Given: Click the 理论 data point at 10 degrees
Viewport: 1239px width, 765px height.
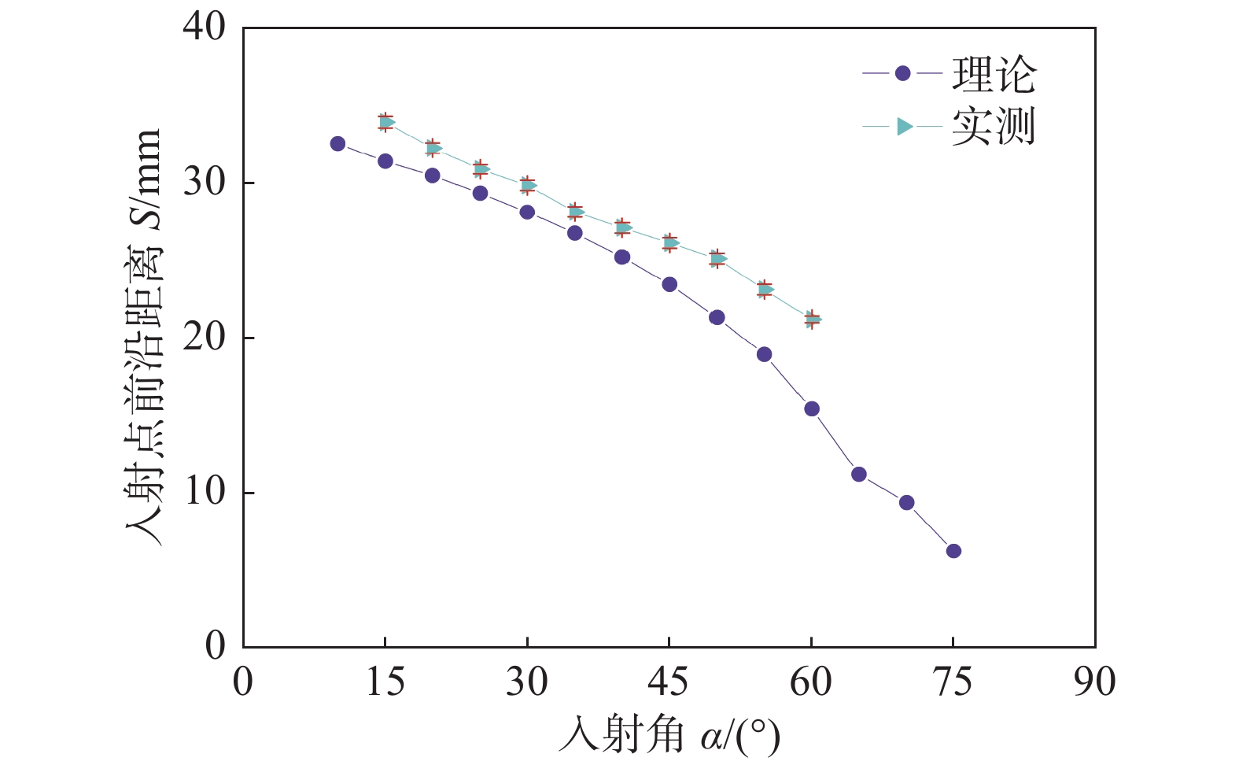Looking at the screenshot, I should coord(337,144).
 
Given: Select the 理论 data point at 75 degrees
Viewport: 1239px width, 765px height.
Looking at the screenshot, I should coord(953,551).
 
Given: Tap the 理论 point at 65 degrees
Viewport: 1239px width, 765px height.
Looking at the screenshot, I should coord(859,475).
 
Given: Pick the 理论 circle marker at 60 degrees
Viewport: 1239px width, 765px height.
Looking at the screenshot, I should coord(812,408).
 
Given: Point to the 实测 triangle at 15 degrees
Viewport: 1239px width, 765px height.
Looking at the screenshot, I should coord(386,122).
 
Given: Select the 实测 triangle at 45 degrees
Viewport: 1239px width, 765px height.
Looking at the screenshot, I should coord(670,242).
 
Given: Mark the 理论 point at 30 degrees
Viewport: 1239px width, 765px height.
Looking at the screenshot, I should coord(527,212).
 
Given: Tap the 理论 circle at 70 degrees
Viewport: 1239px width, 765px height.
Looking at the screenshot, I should coord(906,503).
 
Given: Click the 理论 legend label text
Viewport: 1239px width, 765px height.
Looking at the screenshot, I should coord(994,75).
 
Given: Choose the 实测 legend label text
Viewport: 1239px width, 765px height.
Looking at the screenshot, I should coord(994,127).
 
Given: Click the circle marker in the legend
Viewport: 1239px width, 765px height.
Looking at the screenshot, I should coord(902,73).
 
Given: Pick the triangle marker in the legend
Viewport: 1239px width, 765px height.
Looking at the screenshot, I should coord(905,127).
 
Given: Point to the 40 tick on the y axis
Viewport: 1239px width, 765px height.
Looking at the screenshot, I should coord(205,28).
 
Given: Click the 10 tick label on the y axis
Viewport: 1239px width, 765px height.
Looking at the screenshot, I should coord(205,493).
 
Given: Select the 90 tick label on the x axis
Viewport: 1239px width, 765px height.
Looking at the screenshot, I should coord(1094,682).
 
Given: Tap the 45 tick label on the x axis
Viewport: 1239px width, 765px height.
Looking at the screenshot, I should coord(669,682).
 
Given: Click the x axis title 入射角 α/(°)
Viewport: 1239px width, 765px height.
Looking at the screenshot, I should coord(669,737).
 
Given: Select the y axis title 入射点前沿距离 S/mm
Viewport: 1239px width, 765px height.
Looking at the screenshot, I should coord(143,337).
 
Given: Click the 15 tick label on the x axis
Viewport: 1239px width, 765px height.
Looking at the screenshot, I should coord(385,682).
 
